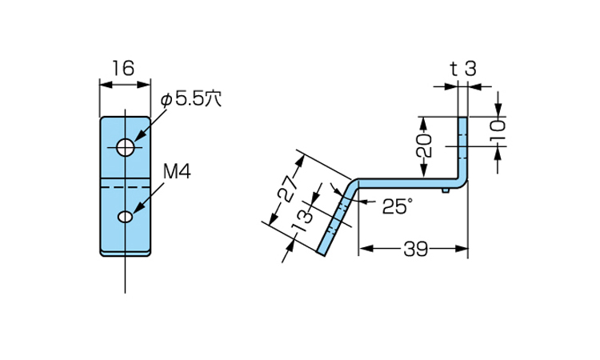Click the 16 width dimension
click(x=123, y=69)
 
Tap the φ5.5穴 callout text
click(x=191, y=99)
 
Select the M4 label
click(x=177, y=172)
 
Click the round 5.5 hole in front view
click(x=126, y=147)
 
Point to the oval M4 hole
click(x=125, y=217)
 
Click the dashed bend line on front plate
click(x=125, y=186)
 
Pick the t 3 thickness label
click(x=463, y=70)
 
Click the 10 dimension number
click(x=498, y=131)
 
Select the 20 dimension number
click(x=424, y=146)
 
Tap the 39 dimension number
click(x=415, y=250)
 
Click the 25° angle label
click(x=398, y=206)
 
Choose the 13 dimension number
click(x=302, y=221)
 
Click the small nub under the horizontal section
click(x=445, y=190)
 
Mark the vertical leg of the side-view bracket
click(x=462, y=150)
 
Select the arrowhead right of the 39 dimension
click(x=461, y=249)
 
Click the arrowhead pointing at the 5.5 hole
click(x=139, y=136)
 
